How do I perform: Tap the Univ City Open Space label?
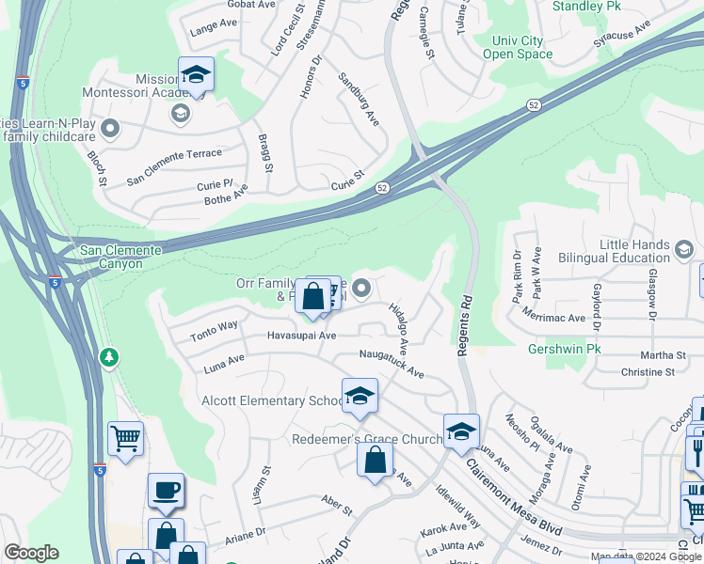518,47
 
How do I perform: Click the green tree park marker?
110,357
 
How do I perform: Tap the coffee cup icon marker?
166,491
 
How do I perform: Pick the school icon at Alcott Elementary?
359,399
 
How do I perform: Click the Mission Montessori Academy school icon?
196,75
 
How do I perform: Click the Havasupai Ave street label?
301,336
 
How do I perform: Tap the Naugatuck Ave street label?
392,363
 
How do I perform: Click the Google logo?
31,553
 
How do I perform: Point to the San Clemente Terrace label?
175,154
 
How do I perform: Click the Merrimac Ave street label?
552,318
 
